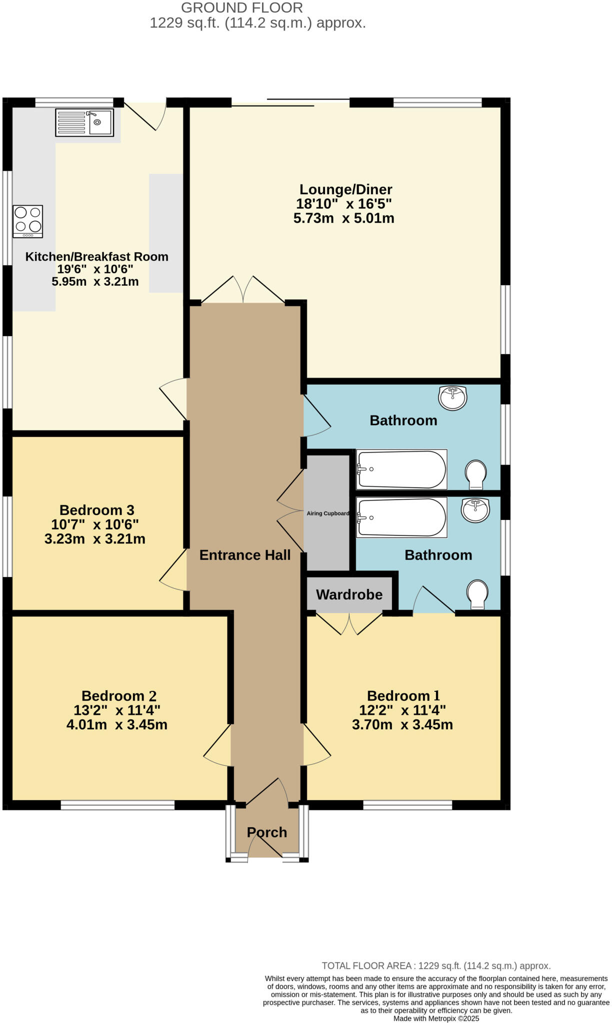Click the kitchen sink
click(85, 122)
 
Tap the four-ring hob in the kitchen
click(28, 221)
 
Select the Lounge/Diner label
click(345, 190)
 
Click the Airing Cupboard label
click(328, 513)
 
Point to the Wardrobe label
click(349, 594)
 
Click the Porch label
click(267, 832)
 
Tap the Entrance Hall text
click(245, 555)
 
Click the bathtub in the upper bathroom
click(401, 470)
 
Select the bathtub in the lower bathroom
click(401, 518)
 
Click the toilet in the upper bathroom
click(475, 474)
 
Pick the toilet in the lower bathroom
click(477, 594)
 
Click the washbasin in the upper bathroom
click(452, 398)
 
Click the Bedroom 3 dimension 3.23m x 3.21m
click(95, 539)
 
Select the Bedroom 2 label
click(119, 696)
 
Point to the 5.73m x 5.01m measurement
click(344, 218)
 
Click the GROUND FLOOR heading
click(242, 8)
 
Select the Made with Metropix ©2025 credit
click(436, 1019)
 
